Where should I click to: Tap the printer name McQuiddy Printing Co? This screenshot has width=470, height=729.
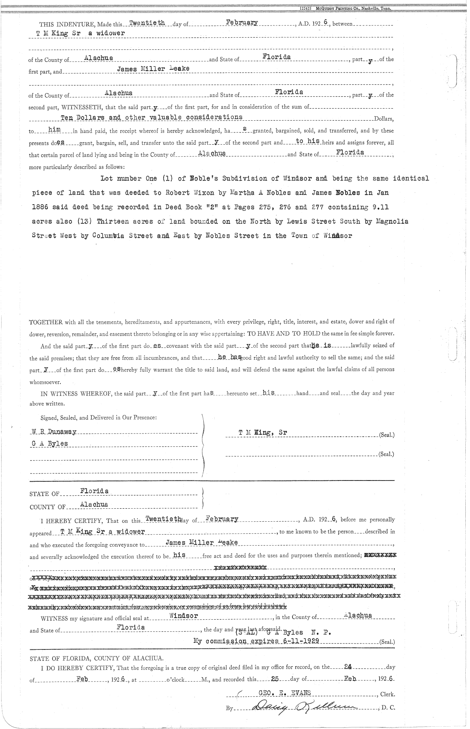tap(337, 8)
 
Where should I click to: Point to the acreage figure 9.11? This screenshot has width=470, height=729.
tap(380, 207)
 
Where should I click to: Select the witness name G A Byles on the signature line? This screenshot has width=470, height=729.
tap(49, 444)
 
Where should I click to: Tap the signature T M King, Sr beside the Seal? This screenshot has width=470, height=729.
tap(263, 432)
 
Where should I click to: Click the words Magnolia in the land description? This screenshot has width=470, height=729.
tap(391, 221)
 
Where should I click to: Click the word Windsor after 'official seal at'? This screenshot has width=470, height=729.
tap(184, 615)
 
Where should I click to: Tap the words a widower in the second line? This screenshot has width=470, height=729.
tap(106, 33)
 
